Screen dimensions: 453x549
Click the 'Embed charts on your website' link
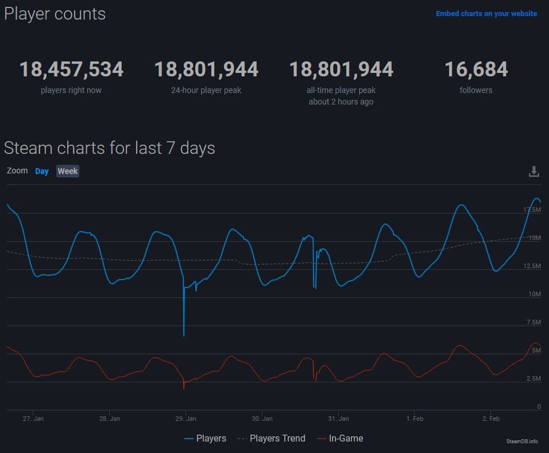click(x=486, y=13)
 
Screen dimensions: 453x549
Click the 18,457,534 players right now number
click(x=71, y=69)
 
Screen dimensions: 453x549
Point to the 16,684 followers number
click(x=476, y=69)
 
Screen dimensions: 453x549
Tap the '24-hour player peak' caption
click(x=206, y=90)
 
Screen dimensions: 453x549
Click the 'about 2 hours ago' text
click(x=341, y=102)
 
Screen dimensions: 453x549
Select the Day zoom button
click(x=42, y=171)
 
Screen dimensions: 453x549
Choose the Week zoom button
click(x=68, y=171)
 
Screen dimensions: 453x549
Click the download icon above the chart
click(x=534, y=172)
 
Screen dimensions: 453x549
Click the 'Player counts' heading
click(x=55, y=14)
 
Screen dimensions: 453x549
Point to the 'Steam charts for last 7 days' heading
click(x=110, y=148)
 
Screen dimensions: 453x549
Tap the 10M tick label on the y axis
click(x=535, y=294)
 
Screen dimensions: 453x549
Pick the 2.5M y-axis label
click(x=533, y=378)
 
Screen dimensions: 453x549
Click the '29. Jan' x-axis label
click(x=185, y=419)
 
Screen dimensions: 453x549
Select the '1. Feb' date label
click(x=415, y=419)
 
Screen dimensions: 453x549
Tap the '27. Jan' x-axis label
click(x=33, y=419)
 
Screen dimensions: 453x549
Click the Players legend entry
click(x=206, y=439)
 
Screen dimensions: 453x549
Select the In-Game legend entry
click(x=340, y=439)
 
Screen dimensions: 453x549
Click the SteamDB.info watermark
click(x=522, y=441)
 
